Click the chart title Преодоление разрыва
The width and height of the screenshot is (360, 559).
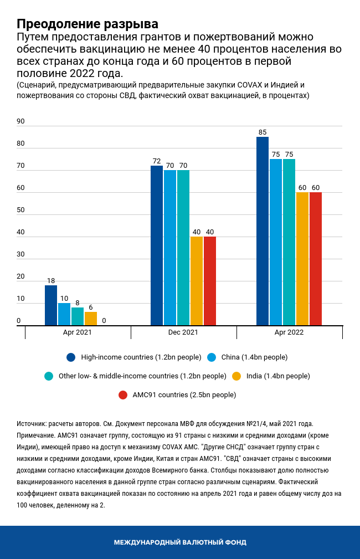(87, 24)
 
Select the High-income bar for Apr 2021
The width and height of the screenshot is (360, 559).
(51, 306)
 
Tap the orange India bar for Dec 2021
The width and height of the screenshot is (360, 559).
(197, 281)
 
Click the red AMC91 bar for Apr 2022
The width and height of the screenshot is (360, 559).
(316, 259)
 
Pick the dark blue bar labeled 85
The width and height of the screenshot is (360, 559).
(263, 232)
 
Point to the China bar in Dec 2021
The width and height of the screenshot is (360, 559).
(170, 248)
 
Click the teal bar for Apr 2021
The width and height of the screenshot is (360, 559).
(78, 317)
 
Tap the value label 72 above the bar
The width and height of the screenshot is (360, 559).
(157, 161)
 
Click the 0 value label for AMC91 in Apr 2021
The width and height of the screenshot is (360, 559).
(104, 321)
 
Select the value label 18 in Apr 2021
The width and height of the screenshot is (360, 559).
(51, 281)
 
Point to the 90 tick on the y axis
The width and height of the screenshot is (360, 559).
(21, 121)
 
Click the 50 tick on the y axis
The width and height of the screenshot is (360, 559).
(21, 210)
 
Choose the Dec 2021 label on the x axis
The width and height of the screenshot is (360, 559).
(183, 332)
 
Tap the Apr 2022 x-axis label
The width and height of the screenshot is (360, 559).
(289, 332)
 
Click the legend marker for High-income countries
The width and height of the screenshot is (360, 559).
(71, 357)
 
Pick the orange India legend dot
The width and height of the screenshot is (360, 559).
(236, 376)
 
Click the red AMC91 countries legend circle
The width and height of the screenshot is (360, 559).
(123, 395)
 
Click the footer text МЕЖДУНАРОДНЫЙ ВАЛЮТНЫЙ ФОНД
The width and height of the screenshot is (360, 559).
(180, 542)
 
